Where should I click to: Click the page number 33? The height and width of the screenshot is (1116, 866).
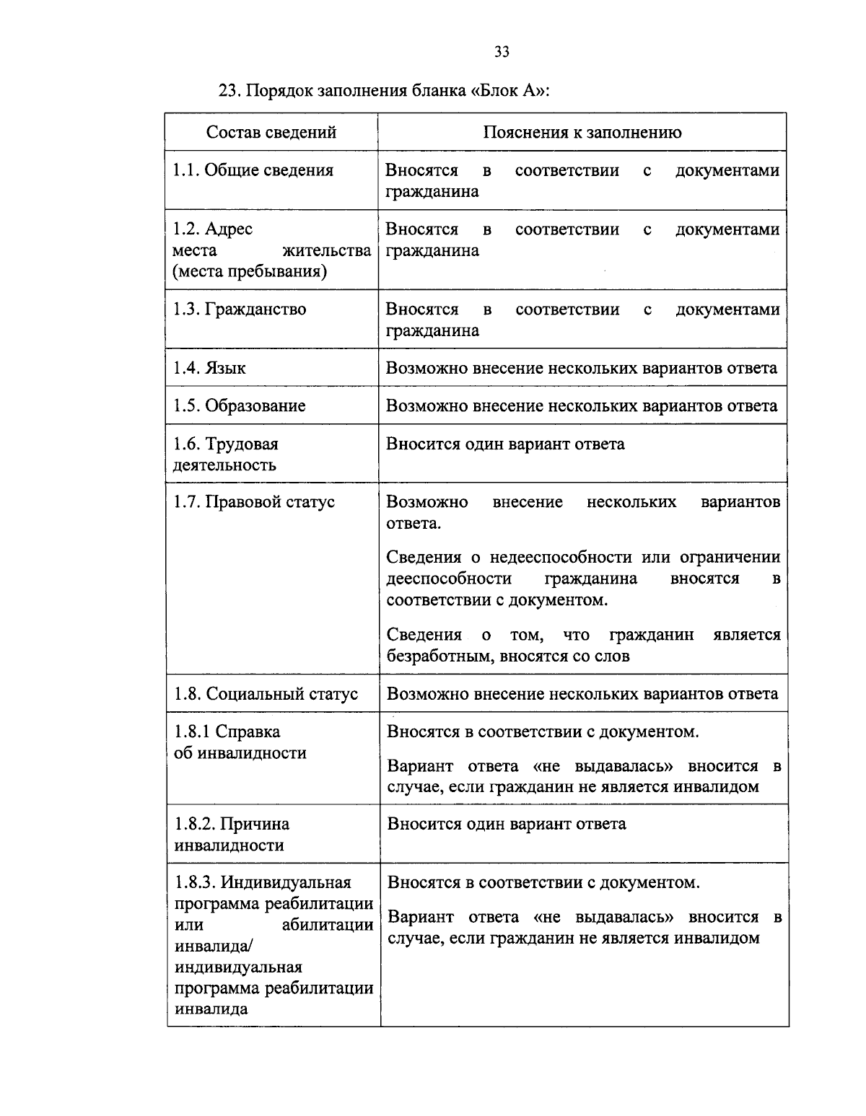tap(502, 51)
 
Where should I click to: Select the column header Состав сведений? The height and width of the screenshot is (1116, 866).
tap(271, 132)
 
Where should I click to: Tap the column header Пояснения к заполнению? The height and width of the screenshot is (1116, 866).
tap(582, 132)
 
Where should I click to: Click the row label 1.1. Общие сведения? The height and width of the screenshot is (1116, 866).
tap(253, 170)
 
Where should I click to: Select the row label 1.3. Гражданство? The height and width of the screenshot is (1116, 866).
tap(240, 309)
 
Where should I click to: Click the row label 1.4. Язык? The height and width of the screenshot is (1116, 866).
tap(209, 368)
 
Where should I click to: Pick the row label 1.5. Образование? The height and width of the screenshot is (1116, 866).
tap(239, 405)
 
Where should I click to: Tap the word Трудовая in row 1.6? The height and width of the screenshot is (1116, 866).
tap(242, 444)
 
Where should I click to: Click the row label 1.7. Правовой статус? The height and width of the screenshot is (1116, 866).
tap(254, 501)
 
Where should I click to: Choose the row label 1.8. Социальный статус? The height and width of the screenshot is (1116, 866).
tap(266, 694)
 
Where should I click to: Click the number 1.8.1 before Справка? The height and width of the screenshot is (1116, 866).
tap(192, 731)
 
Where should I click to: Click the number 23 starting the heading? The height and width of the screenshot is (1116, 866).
tap(227, 92)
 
